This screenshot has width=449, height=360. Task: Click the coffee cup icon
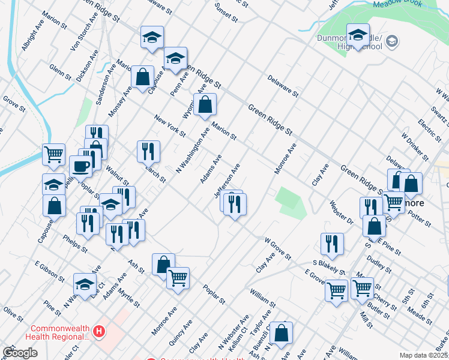[x=80, y=166]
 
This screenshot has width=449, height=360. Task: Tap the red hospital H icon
[x=99, y=331]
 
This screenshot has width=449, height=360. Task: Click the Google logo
[x=20, y=353]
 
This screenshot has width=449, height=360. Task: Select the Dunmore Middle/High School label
[x=350, y=41]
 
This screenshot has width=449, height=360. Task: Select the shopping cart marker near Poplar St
[x=178, y=278]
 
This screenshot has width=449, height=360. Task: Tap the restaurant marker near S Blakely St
[x=332, y=244]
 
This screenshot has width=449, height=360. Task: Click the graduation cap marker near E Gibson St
[x=85, y=284]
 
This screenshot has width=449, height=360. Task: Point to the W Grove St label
[x=278, y=248]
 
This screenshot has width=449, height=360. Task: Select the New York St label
[x=170, y=125]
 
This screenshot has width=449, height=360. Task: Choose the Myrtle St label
[x=129, y=298]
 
